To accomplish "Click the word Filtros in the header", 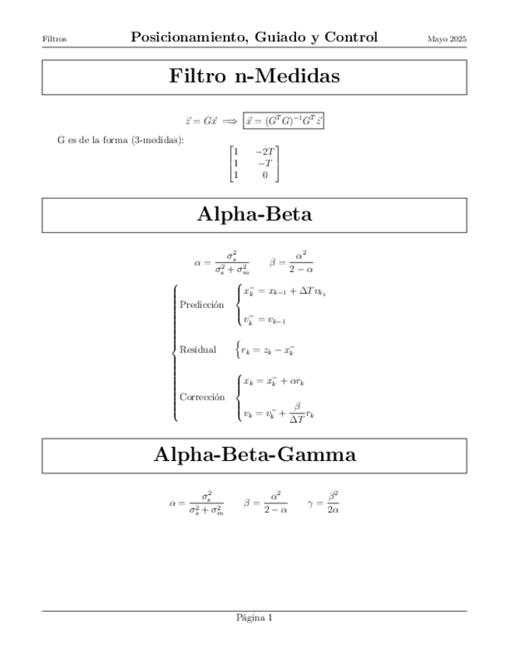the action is tap(54, 38).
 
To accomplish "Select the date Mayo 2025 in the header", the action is tap(447, 38).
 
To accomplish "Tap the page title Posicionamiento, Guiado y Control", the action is tap(254, 37).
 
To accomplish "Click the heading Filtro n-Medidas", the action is tap(254, 77).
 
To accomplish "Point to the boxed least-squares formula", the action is tap(284, 120).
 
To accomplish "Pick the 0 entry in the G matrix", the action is tap(265, 176).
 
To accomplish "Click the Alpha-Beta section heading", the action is tap(254, 214).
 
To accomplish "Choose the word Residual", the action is tap(197, 350).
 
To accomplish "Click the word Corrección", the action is tap(202, 396).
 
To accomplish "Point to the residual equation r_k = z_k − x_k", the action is tap(267, 350).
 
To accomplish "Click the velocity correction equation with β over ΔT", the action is tap(278, 411).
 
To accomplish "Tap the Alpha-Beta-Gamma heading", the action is tap(254, 455).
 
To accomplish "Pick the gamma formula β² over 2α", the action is tap(323, 502).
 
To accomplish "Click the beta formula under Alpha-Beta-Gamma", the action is tap(267, 502).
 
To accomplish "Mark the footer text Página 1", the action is tap(254, 619).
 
